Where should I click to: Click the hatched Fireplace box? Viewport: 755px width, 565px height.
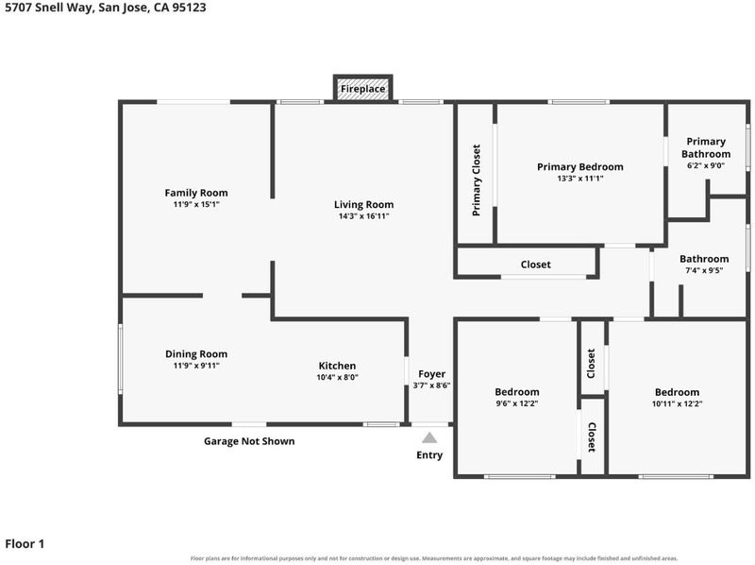tap(363, 88)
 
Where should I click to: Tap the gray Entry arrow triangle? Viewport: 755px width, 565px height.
tap(429, 437)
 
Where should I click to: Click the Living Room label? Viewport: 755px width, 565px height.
tap(363, 204)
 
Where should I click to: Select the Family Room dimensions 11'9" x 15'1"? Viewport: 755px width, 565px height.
tap(196, 204)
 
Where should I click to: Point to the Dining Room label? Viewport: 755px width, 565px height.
tap(196, 354)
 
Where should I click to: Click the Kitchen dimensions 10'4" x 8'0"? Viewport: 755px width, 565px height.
tap(337, 378)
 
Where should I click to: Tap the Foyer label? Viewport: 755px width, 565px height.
tap(432, 374)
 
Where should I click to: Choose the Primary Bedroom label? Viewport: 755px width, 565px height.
tap(580, 167)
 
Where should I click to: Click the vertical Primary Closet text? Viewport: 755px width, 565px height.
tap(477, 180)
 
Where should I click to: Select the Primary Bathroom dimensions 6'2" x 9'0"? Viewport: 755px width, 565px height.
tap(706, 165)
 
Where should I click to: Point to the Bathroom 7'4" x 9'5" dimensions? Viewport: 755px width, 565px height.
tap(704, 270)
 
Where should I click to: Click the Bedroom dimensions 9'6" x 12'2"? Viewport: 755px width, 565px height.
tap(517, 403)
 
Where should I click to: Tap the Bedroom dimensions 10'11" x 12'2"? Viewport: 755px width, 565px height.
tap(677, 404)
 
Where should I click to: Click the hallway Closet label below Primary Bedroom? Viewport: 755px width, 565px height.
tap(535, 265)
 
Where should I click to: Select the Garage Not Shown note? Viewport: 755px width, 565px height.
tap(249, 441)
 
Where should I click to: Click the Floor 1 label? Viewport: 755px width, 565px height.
tap(25, 544)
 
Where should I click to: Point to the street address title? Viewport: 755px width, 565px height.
tap(106, 8)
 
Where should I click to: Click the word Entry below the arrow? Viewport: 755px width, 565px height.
tap(429, 455)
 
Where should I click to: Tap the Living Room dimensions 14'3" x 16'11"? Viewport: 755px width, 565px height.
tap(363, 216)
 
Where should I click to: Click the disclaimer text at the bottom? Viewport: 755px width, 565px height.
tap(434, 558)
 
